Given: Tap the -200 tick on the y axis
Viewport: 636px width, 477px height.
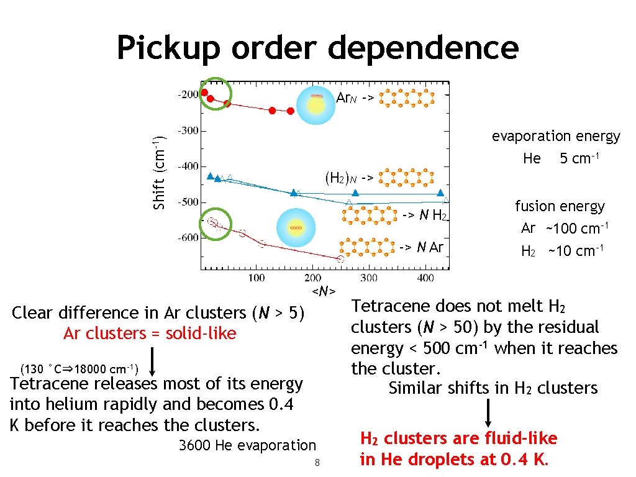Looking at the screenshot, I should point(186,95).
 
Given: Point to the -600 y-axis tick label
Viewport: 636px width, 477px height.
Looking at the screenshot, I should point(186,237).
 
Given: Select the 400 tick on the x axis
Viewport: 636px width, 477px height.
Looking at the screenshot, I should point(425,278).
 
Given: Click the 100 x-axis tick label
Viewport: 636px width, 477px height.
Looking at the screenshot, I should point(256,278).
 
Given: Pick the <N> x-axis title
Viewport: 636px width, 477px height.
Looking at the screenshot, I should point(324,291).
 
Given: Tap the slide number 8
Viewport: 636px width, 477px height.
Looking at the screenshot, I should point(317,462).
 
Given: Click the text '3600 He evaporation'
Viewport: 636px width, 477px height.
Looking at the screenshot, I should point(247,445).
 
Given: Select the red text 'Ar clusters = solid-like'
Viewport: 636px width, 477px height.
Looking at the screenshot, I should point(150,334).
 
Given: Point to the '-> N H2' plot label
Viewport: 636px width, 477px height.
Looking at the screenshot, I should point(424,216).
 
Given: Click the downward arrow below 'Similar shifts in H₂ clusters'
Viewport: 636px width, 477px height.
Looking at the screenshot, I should point(489,413).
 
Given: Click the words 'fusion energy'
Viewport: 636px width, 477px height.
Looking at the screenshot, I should point(559,206).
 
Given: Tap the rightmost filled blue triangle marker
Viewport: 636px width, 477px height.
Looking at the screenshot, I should point(440,193).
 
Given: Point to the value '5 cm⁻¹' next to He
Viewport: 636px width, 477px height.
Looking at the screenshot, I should point(579,158).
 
